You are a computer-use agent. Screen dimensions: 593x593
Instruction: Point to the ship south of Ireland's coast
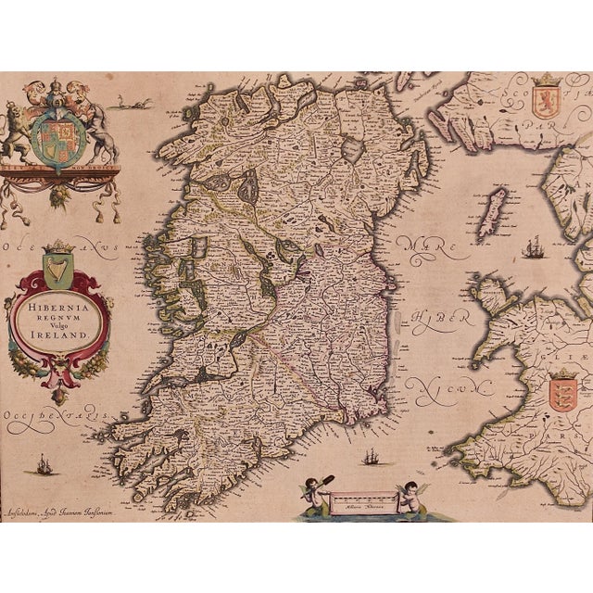point(371,457)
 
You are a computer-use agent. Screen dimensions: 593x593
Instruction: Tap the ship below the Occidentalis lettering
point(43,463)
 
